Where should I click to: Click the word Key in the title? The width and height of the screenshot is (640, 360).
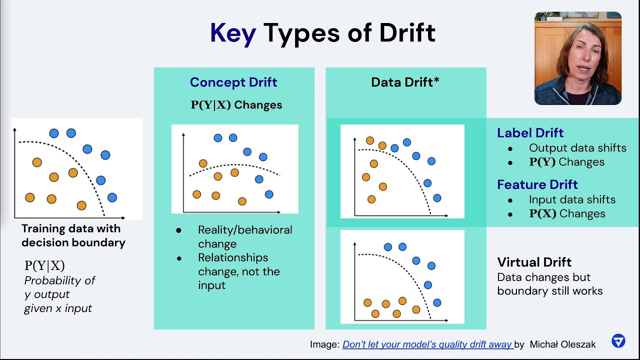pyautogui.click(x=232, y=33)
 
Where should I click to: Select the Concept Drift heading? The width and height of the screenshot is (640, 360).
pyautogui.click(x=233, y=82)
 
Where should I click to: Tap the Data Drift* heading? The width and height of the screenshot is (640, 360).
pyautogui.click(x=405, y=82)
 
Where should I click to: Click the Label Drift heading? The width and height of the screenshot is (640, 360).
pyautogui.click(x=530, y=133)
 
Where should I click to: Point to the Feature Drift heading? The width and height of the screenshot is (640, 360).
pyautogui.click(x=537, y=184)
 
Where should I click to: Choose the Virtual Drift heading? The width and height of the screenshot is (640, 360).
pyautogui.click(x=534, y=262)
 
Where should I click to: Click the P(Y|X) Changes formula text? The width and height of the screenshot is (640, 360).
pyautogui.click(x=236, y=105)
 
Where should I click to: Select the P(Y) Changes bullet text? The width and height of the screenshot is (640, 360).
pyautogui.click(x=566, y=162)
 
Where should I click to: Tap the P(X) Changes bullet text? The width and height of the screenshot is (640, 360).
pyautogui.click(x=567, y=213)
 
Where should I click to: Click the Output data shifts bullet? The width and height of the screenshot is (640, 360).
pyautogui.click(x=577, y=148)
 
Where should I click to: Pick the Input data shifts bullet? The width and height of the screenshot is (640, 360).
pyautogui.click(x=572, y=199)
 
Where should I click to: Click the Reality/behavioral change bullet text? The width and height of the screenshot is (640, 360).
pyautogui.click(x=244, y=236)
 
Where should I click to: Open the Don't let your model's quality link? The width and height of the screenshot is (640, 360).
pyautogui.click(x=427, y=344)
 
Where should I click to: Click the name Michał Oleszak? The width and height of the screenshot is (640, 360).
pyautogui.click(x=562, y=344)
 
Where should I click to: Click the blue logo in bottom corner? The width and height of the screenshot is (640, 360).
pyautogui.click(x=618, y=341)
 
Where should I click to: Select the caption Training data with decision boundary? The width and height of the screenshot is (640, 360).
pyautogui.click(x=73, y=235)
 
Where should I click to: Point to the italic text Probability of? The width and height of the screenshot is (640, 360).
pyautogui.click(x=59, y=280)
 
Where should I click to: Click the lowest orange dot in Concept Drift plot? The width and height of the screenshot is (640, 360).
pyautogui.click(x=242, y=201)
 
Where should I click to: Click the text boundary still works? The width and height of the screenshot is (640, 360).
pyautogui.click(x=549, y=291)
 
